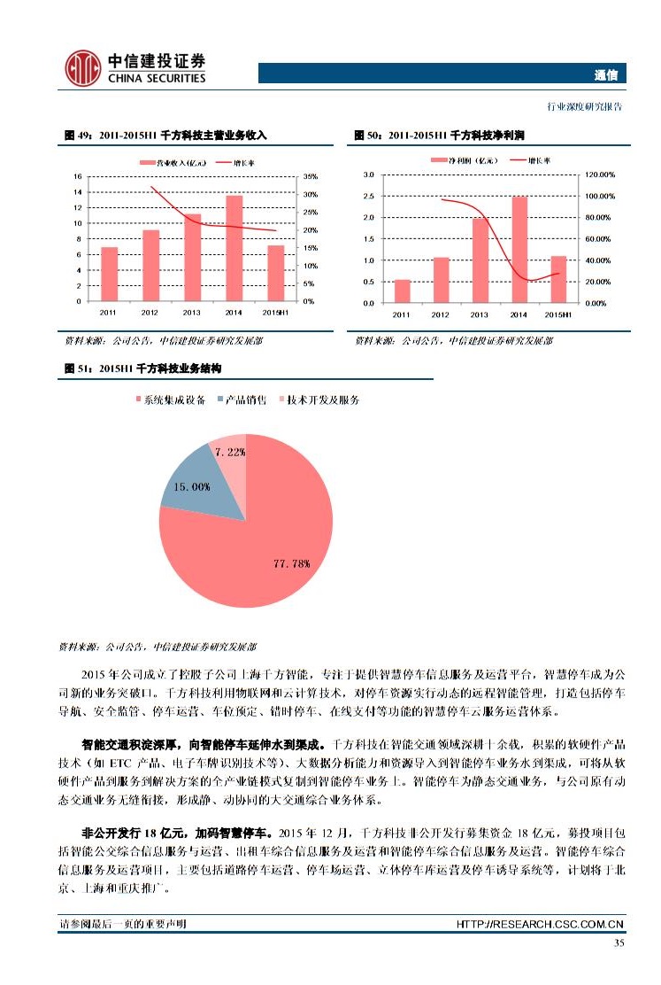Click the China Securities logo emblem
click(82, 68)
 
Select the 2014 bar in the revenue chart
click(234, 248)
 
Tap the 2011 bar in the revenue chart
click(109, 274)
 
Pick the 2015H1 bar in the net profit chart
click(558, 279)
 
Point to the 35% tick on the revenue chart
click(310, 177)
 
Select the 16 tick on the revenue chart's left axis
click(79, 177)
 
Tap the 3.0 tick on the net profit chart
click(369, 175)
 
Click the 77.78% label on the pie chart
click(292, 562)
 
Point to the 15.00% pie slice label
click(191, 486)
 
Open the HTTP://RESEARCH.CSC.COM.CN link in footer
click(540, 925)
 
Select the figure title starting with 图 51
click(142, 368)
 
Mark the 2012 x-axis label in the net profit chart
click(440, 314)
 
